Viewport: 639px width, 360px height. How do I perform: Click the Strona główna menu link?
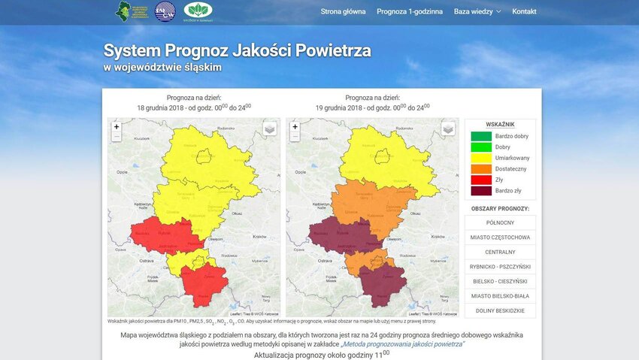tap(343, 12)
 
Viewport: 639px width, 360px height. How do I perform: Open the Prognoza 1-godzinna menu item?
tap(410, 12)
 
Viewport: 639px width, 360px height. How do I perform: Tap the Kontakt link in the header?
tap(524, 12)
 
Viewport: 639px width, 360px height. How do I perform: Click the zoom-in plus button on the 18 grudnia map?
tap(117, 127)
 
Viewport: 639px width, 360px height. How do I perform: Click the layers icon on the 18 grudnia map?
tap(270, 129)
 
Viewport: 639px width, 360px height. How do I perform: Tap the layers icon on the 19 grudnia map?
tap(448, 129)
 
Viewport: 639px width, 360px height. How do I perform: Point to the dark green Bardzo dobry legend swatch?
tap(480, 136)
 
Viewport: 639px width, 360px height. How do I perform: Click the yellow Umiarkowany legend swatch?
tap(480, 158)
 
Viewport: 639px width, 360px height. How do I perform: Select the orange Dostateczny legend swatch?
tap(480, 169)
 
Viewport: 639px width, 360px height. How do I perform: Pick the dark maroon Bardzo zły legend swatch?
tap(480, 191)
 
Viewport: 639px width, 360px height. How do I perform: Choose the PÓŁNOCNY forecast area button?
tap(500, 222)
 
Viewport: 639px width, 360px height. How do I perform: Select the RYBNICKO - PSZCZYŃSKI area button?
tap(500, 267)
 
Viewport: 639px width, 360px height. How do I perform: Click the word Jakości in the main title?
tap(261, 51)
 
